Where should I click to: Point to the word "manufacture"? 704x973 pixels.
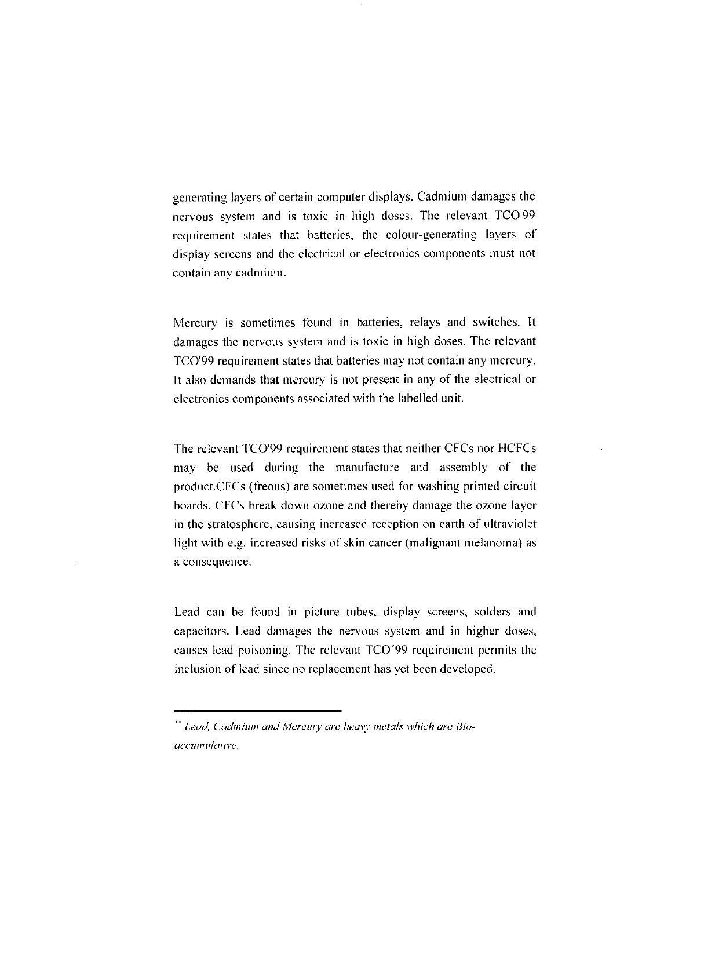(x=367, y=468)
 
